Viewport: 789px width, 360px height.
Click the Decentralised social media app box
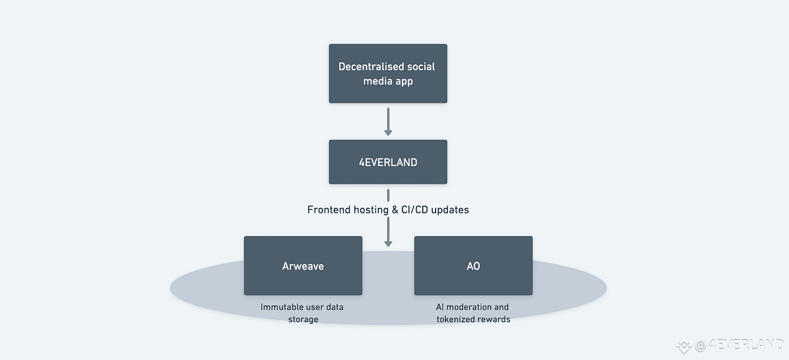pos(388,73)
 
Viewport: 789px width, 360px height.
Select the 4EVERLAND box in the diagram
pos(388,162)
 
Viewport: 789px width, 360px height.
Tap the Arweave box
pos(303,265)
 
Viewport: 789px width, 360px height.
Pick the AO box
pos(473,265)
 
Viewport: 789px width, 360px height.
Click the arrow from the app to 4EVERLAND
pos(388,122)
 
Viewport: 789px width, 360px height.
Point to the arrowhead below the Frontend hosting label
pos(388,243)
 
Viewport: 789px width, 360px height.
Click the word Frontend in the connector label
pos(329,210)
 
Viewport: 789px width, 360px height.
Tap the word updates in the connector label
pos(450,210)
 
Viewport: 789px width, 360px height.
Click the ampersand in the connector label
pos(395,210)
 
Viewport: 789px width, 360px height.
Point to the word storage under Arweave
pos(303,319)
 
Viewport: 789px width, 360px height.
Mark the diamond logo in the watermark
pos(684,345)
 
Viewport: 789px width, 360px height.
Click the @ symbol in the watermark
pos(701,345)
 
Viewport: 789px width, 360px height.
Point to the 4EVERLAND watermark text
pos(746,344)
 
